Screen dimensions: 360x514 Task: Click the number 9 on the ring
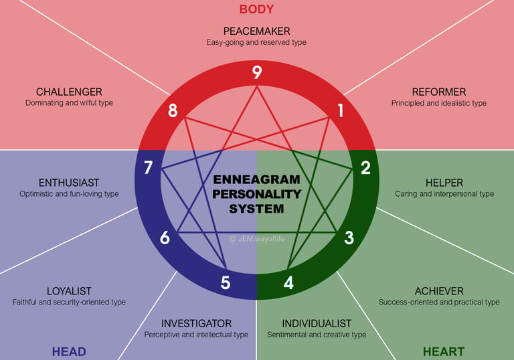click(x=257, y=73)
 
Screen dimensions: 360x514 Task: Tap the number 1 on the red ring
click(x=341, y=110)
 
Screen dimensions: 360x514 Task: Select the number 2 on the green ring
click(x=365, y=167)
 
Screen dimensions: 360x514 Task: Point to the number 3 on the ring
click(x=349, y=237)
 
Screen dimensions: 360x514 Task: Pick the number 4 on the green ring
click(x=288, y=282)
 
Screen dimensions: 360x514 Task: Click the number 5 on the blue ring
click(x=226, y=282)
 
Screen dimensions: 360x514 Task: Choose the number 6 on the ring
click(x=165, y=237)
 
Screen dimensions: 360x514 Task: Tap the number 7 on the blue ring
click(x=148, y=167)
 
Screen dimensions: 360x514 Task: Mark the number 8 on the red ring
click(x=173, y=110)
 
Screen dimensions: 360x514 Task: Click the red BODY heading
click(x=257, y=9)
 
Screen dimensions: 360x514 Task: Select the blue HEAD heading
click(x=69, y=351)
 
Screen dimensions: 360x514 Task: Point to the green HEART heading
click(x=443, y=351)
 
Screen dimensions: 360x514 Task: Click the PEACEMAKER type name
click(x=257, y=31)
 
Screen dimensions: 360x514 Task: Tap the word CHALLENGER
click(x=69, y=92)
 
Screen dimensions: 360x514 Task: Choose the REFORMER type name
click(x=439, y=92)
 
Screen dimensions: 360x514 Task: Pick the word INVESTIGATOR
click(x=196, y=323)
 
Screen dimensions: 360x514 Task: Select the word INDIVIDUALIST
click(x=317, y=323)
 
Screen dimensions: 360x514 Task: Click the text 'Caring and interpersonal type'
click(x=444, y=194)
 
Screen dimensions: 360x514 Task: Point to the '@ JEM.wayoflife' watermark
click(x=257, y=238)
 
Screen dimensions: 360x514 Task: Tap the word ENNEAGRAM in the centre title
click(x=257, y=180)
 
